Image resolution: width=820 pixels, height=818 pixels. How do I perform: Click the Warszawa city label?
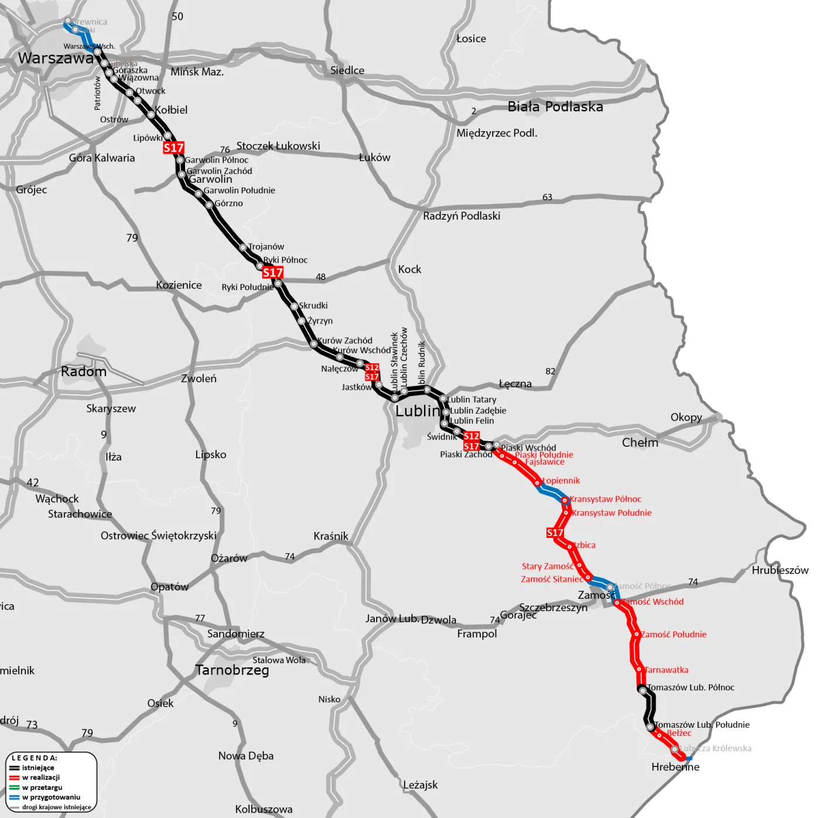click(x=56, y=58)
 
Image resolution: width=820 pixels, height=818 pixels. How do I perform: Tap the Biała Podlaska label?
click(x=555, y=107)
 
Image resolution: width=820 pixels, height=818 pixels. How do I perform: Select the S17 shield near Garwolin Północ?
click(x=173, y=148)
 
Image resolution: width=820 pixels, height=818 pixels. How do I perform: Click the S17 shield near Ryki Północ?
click(x=272, y=272)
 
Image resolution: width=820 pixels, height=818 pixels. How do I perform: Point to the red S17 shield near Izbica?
click(x=554, y=533)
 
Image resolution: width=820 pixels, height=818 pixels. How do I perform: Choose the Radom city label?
click(x=84, y=371)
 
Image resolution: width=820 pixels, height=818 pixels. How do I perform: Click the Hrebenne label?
click(x=675, y=767)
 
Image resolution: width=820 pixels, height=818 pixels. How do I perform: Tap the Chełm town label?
click(x=640, y=442)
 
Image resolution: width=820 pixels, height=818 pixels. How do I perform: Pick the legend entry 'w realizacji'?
click(x=41, y=778)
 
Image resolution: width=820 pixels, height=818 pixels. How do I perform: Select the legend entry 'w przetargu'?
click(x=42, y=788)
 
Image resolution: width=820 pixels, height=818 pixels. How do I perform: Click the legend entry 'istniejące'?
click(x=38, y=768)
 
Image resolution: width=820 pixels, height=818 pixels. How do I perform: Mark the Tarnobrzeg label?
click(x=232, y=670)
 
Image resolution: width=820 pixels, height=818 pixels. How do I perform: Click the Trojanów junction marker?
click(x=243, y=248)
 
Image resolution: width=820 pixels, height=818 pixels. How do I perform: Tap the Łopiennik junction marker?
click(x=538, y=483)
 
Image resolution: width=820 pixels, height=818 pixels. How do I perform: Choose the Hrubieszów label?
click(x=780, y=570)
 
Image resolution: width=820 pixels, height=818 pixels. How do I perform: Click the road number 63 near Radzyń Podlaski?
click(x=547, y=197)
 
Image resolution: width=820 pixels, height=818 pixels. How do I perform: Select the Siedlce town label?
click(x=347, y=70)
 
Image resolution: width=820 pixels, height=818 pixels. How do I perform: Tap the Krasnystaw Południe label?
click(x=611, y=513)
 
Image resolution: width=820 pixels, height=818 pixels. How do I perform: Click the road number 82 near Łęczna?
click(x=550, y=371)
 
